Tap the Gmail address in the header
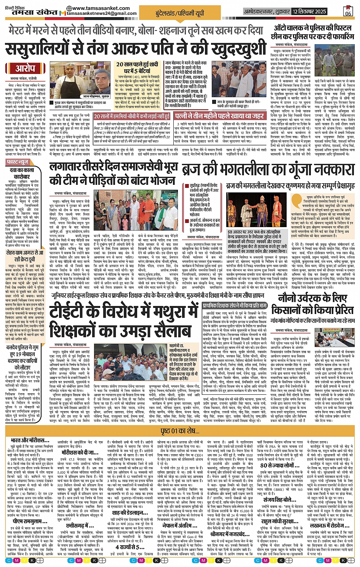click(x=102, y=13)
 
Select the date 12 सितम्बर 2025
click(x=309, y=11)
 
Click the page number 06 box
click(x=348, y=11)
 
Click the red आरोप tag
click(x=25, y=69)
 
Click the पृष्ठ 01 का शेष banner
click(x=180, y=431)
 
